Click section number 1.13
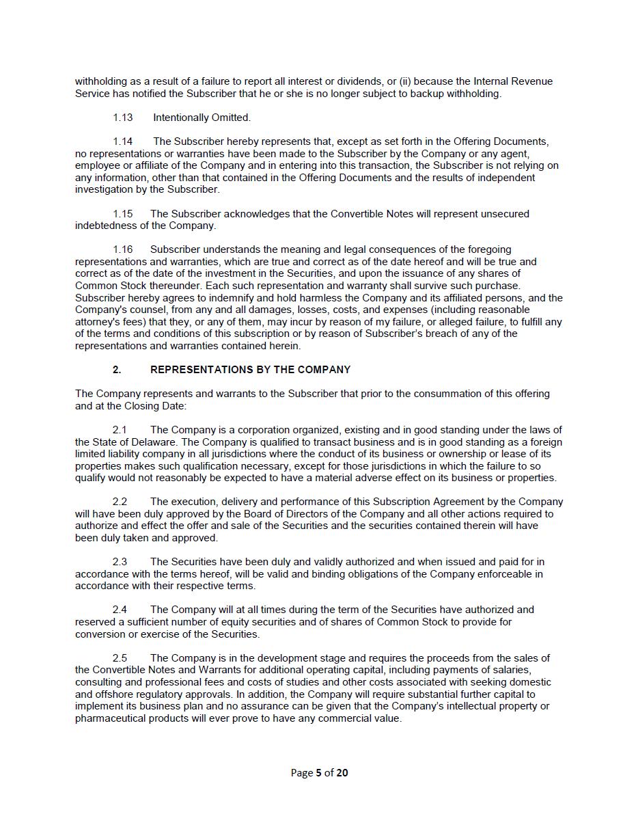123,118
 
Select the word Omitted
231,118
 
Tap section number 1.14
123,141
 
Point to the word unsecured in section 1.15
505,214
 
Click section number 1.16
123,249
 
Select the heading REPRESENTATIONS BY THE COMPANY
250,370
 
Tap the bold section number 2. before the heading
117,370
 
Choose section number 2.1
120,430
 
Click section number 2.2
120,502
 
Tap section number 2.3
120,562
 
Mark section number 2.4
120,610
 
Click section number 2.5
120,658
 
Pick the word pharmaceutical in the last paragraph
109,718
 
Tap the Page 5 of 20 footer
319,773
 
